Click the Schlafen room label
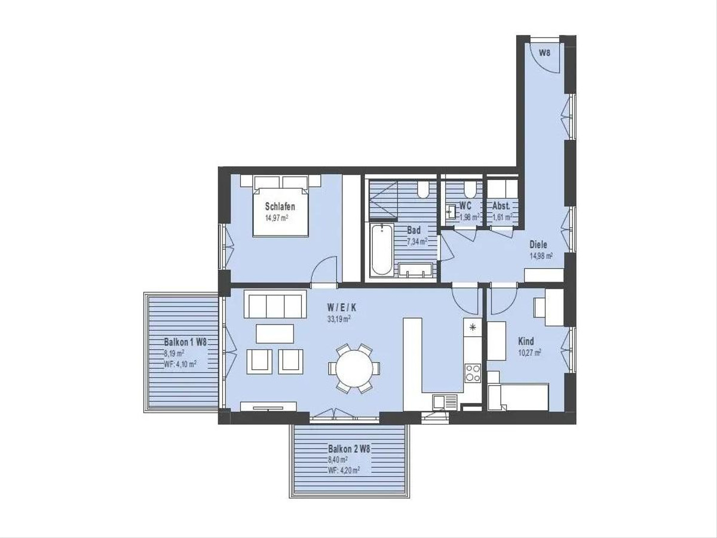click(x=280, y=206)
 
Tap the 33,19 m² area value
click(x=339, y=319)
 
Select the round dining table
click(x=354, y=368)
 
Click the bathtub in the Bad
click(x=382, y=250)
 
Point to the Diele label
click(x=538, y=244)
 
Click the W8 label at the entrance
click(x=544, y=53)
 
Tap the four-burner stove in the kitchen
click(x=473, y=373)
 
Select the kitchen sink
click(x=445, y=402)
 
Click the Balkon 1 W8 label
click(x=185, y=342)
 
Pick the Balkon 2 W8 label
click(x=349, y=449)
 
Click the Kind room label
click(x=526, y=341)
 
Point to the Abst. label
click(x=501, y=206)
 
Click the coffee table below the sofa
click(x=275, y=334)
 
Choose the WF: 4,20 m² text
click(x=344, y=470)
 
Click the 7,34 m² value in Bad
click(x=417, y=242)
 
